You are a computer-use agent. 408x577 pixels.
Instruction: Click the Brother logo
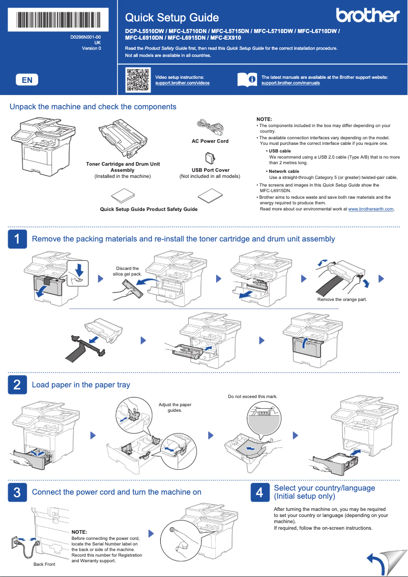pyautogui.click(x=368, y=15)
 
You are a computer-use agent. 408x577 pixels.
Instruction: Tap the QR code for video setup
pyautogui.click(x=137, y=80)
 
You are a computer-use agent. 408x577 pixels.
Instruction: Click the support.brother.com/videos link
pyautogui.click(x=182, y=83)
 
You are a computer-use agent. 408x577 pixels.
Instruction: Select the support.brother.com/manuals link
pyautogui.click(x=290, y=83)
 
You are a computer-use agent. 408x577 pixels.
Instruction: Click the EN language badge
pyautogui.click(x=27, y=80)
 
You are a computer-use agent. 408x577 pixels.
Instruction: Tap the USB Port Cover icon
pyautogui.click(x=210, y=158)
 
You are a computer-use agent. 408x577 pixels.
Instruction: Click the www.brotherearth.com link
pyautogui.click(x=371, y=209)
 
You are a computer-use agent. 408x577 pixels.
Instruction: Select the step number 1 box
pyautogui.click(x=17, y=239)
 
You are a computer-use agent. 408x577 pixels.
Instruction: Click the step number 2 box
pyautogui.click(x=17, y=385)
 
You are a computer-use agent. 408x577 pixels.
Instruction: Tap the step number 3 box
pyautogui.click(x=17, y=492)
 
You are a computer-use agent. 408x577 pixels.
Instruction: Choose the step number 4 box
pyautogui.click(x=259, y=492)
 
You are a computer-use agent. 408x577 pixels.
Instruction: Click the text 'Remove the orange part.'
pyautogui.click(x=342, y=299)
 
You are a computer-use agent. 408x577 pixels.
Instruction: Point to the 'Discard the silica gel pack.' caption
pyautogui.click(x=127, y=271)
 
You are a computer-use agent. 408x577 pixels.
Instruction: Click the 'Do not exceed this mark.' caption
pyautogui.click(x=253, y=396)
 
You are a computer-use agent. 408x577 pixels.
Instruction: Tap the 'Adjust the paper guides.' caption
pyautogui.click(x=174, y=407)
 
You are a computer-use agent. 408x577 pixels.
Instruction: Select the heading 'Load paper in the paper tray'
pyautogui.click(x=81, y=385)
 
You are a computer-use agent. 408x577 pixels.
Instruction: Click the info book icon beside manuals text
pyautogui.click(x=247, y=80)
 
